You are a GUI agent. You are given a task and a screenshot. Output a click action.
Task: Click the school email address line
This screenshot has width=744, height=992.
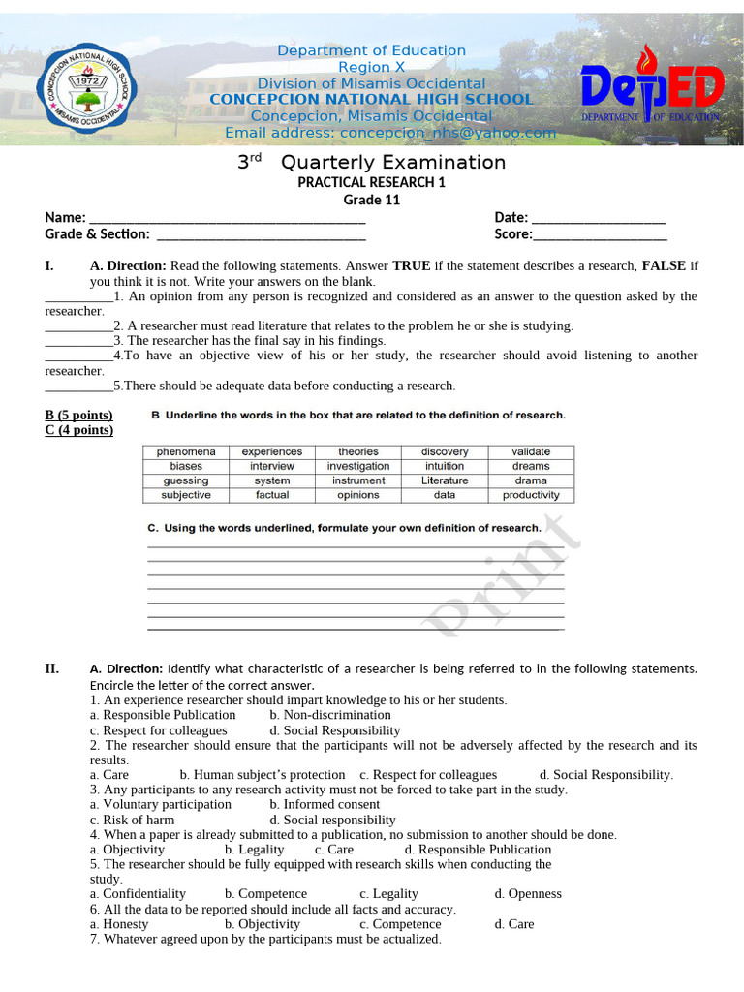(390, 133)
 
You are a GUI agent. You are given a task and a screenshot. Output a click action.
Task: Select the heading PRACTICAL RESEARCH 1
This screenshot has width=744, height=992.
(371, 182)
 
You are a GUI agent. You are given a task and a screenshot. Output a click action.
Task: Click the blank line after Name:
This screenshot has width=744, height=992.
(227, 218)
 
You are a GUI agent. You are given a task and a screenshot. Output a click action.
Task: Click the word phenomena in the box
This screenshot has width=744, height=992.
(186, 451)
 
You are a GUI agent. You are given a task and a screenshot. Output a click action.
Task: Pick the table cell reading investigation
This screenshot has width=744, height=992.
(358, 466)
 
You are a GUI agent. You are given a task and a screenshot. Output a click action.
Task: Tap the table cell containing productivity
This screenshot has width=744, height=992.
(531, 495)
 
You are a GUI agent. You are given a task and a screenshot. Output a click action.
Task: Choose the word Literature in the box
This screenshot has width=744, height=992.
(445, 480)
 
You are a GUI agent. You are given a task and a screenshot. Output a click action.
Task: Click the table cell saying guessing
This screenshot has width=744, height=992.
(186, 480)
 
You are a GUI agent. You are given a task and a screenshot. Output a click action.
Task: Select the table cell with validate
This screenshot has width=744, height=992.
(531, 451)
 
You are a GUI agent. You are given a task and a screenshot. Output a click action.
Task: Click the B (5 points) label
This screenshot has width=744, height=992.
(78, 416)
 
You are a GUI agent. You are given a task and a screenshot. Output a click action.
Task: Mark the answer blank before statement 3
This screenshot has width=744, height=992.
(78, 341)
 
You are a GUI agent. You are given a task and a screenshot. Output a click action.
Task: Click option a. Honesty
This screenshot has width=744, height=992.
(119, 924)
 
